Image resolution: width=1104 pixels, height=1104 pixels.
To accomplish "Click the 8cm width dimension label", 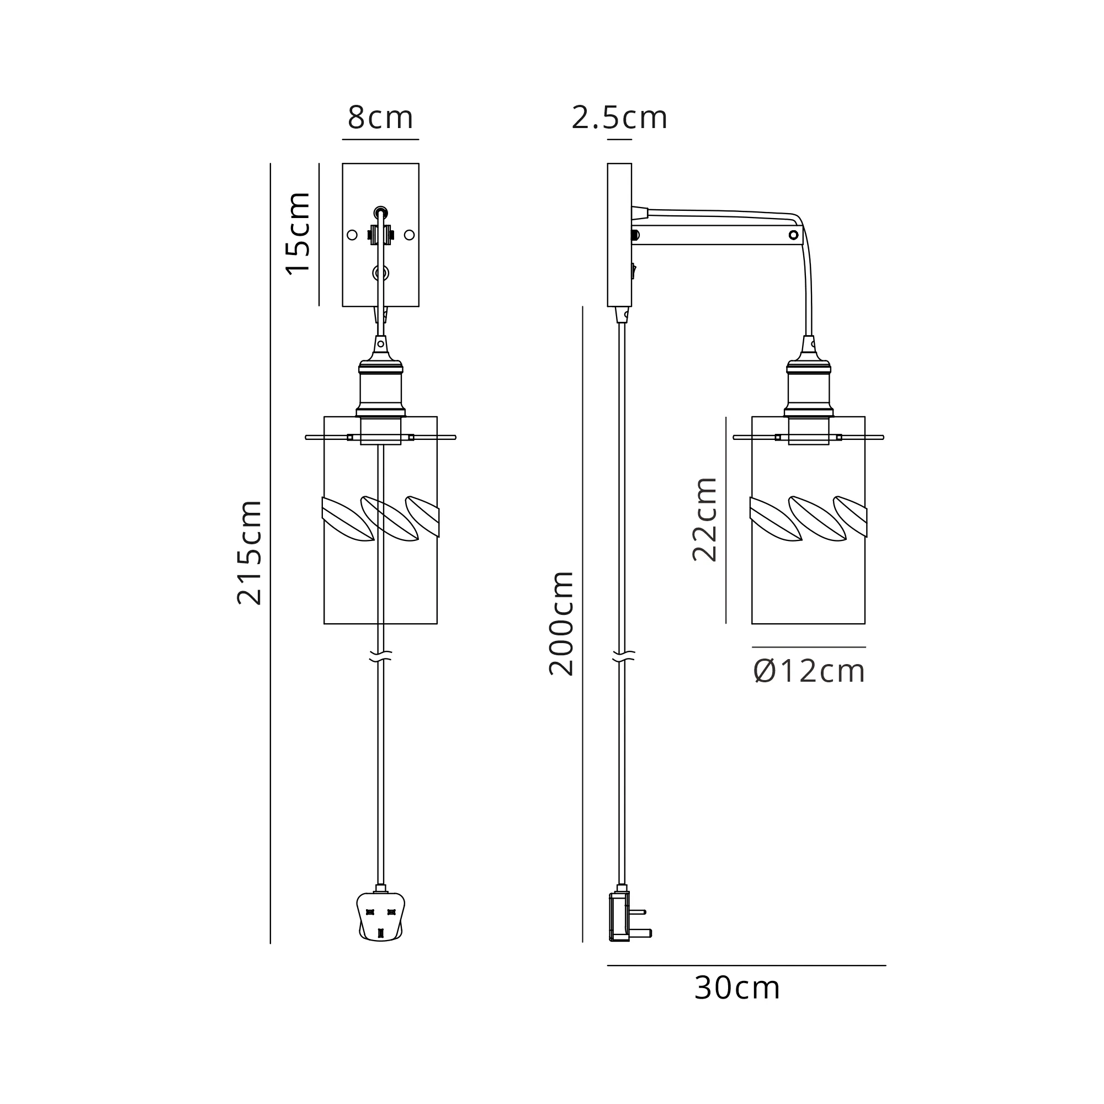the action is click(380, 118).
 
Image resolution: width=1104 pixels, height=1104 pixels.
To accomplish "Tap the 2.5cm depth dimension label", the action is click(619, 118).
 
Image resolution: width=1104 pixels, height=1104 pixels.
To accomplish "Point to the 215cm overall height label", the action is click(250, 553).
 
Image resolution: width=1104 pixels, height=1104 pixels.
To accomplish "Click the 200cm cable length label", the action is click(562, 623).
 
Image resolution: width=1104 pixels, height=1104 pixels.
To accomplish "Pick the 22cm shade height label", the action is click(704, 519).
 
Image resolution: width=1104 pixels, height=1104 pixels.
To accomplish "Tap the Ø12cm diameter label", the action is click(809, 671).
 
